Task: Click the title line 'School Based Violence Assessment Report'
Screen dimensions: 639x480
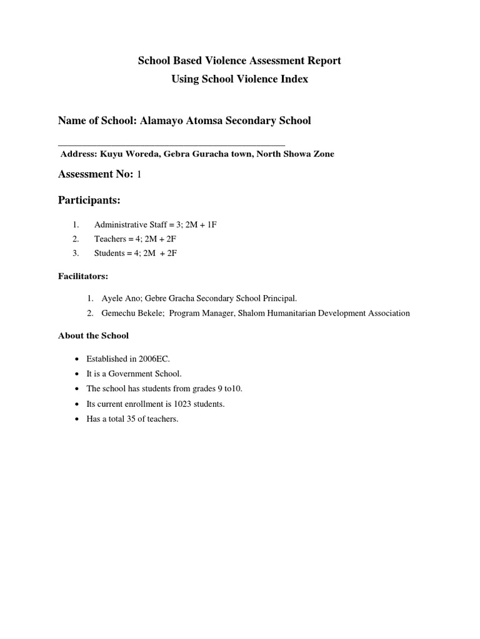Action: [x=239, y=61]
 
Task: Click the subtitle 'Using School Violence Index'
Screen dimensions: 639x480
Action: [x=239, y=80]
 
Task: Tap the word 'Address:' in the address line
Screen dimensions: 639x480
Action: [x=79, y=154]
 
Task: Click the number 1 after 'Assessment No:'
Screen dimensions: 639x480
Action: [x=139, y=175]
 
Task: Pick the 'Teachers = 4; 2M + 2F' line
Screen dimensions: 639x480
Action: [x=135, y=239]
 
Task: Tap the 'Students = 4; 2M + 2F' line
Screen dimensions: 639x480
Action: [x=136, y=253]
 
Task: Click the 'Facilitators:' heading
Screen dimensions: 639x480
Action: [x=83, y=276]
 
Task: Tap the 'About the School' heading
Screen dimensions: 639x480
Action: [x=93, y=336]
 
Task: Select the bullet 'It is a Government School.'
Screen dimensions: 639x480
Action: [x=134, y=374]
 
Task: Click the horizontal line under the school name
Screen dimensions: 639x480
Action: [x=171, y=145]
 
